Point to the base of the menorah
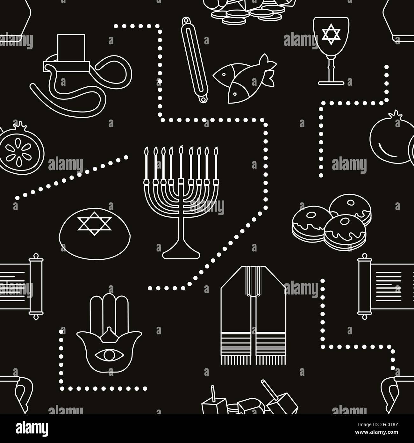pos(181,254)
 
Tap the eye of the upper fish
pos(224,75)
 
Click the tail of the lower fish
pos(269,78)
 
